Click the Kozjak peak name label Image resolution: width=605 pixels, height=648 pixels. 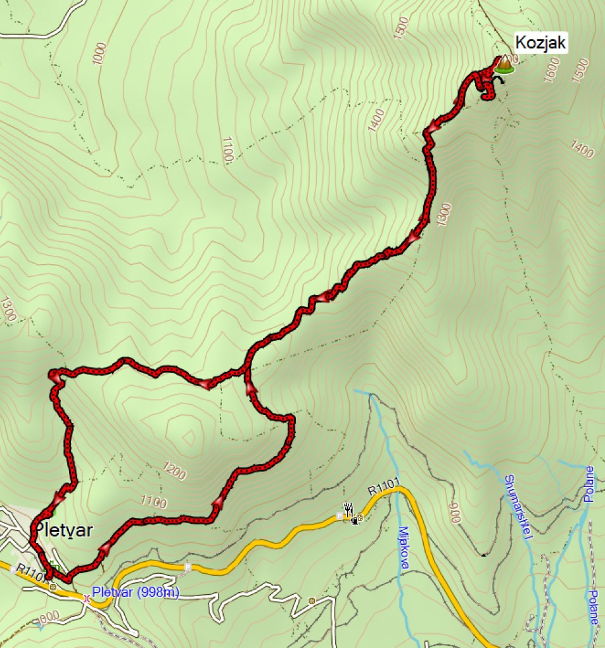click(540, 43)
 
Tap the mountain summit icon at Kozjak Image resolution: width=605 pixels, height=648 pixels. click(504, 64)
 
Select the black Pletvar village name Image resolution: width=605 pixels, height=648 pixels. click(63, 530)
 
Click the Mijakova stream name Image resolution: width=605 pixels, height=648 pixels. click(405, 549)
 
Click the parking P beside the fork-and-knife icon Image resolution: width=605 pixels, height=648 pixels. click(340, 517)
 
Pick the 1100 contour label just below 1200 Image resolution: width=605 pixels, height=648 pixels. click(154, 503)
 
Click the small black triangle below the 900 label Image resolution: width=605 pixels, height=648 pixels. click(484, 556)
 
